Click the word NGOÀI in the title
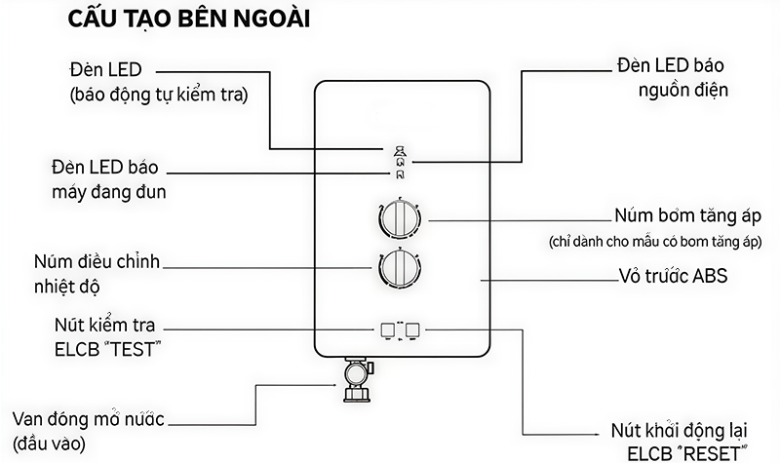pyautogui.click(x=262, y=20)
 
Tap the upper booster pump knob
pyautogui.click(x=398, y=218)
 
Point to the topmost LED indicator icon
pyautogui.click(x=398, y=151)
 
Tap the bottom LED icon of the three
pyautogui.click(x=398, y=175)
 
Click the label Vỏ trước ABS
pyautogui.click(x=674, y=277)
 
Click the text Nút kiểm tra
pyautogui.click(x=113, y=324)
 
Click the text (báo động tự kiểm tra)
pyautogui.click(x=160, y=97)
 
